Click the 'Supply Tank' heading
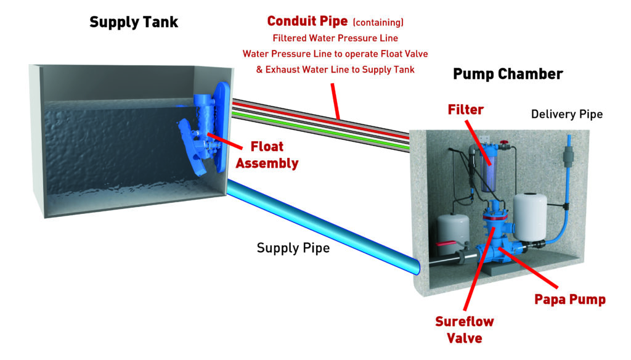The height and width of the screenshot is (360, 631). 134,23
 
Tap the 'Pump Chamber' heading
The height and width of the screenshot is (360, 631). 508,75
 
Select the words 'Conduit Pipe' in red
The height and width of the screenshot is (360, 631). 307,22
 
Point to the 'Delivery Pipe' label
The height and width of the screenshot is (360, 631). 566,114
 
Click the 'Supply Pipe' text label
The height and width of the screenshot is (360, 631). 293,248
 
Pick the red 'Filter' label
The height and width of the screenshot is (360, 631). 466,110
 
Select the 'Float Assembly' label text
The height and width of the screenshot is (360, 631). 267,155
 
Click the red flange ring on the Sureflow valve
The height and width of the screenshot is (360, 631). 497,216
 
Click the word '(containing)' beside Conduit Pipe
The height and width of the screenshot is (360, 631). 378,23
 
